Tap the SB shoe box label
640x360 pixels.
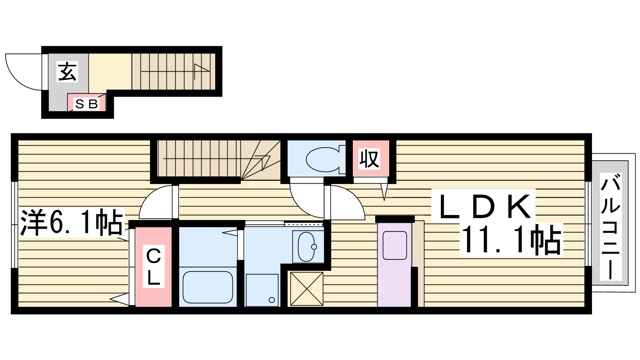pyautogui.click(x=86, y=104)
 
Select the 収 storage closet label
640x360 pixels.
pyautogui.click(x=369, y=159)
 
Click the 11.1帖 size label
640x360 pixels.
pyautogui.click(x=511, y=240)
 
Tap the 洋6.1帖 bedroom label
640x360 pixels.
pyautogui.click(x=72, y=222)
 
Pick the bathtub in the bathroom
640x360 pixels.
pyautogui.click(x=208, y=287)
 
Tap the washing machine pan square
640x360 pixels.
pyautogui.click(x=262, y=290)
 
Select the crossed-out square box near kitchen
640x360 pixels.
pyautogui.click(x=306, y=289)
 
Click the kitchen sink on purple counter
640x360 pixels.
pyautogui.click(x=394, y=246)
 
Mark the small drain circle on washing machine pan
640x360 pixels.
pyautogui.click(x=272, y=300)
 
